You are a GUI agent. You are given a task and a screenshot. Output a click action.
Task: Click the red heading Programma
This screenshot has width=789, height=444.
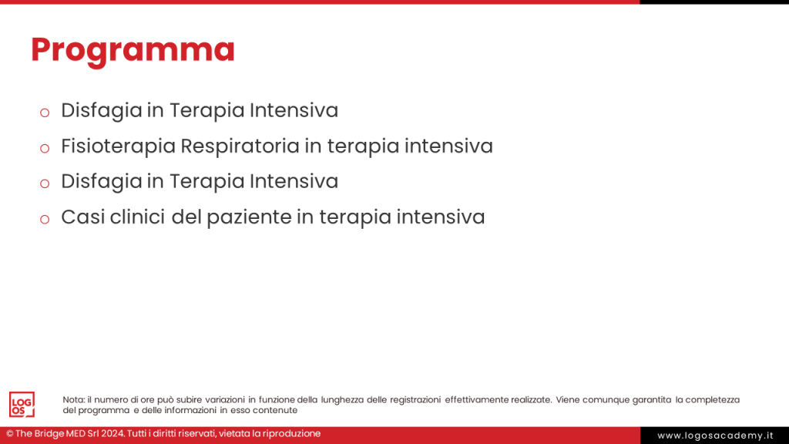[x=133, y=49]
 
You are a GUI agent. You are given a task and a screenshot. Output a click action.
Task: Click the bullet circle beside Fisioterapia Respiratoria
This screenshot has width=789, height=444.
[x=45, y=147]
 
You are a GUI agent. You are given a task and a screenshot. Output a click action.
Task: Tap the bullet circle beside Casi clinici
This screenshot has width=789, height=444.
[x=45, y=219]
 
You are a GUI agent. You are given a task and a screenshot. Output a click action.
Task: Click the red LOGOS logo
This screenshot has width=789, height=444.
[x=22, y=404]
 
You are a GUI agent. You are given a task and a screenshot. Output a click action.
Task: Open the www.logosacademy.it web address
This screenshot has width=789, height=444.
[x=715, y=436]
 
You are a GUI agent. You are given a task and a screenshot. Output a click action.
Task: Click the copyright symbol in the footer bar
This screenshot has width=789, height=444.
[x=10, y=434]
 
